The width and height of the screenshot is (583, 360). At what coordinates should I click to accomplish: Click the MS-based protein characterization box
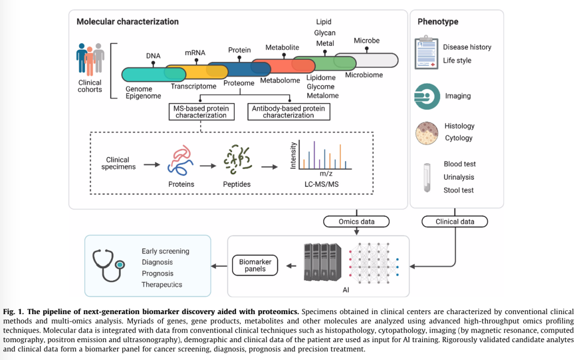pyautogui.click(x=201, y=112)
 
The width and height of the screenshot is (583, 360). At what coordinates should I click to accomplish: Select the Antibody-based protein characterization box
pyautogui.click(x=288, y=112)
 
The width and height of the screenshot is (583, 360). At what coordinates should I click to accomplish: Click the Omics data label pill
pyautogui.click(x=356, y=221)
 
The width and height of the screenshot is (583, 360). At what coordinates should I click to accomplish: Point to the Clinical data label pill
pyautogui.click(x=455, y=221)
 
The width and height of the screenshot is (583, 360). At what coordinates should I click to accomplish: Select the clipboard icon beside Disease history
pyautogui.click(x=426, y=53)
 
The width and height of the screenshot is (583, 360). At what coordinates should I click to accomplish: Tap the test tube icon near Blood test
pyautogui.click(x=426, y=178)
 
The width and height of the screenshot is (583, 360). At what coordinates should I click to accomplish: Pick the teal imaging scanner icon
pyautogui.click(x=426, y=96)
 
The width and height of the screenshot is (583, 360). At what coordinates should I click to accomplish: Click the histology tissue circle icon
pyautogui.click(x=426, y=133)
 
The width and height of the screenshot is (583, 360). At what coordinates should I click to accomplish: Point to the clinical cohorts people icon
pyautogui.click(x=90, y=58)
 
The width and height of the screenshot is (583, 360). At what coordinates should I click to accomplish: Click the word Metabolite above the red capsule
pyautogui.click(x=282, y=47)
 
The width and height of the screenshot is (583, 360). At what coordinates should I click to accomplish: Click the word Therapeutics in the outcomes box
pyautogui.click(x=162, y=284)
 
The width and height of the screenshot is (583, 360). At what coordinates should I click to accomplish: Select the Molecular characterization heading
pyautogui.click(x=127, y=22)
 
